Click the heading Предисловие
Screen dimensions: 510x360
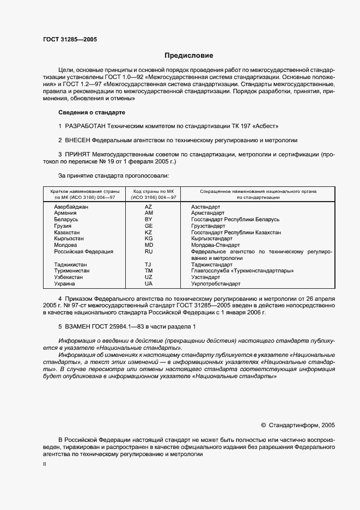pos(189,56)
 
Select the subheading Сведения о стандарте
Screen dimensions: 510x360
pos(91,112)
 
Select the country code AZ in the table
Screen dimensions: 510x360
pos(148,207)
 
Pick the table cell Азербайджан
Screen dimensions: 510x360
pos(71,207)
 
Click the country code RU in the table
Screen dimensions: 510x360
pos(148,252)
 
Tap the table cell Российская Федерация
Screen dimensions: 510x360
pos(83,252)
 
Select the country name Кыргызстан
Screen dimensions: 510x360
pos(69,239)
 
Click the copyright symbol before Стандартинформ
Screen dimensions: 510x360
pos(264,425)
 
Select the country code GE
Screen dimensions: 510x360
pos(148,226)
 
